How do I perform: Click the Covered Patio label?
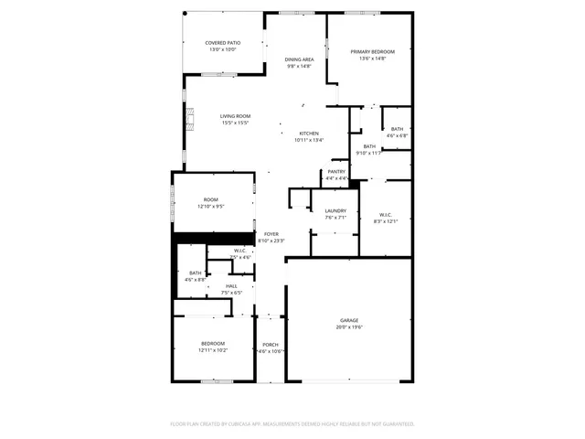[x=222, y=43]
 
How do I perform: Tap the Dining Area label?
[x=300, y=59]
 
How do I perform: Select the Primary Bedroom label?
[x=373, y=51]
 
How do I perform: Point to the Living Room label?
[x=235, y=116]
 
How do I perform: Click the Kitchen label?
[x=309, y=134]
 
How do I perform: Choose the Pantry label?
[x=337, y=171]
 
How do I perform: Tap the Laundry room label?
[x=335, y=211]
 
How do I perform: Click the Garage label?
[x=349, y=320]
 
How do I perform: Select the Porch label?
[x=271, y=344]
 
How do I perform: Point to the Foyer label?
[x=271, y=234]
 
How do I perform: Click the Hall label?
[x=231, y=286]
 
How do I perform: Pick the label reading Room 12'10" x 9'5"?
[x=211, y=199]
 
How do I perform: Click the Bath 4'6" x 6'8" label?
[x=397, y=129]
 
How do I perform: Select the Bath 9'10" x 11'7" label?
[x=369, y=146]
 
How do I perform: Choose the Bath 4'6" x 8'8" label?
[x=196, y=273]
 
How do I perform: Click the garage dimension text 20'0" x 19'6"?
[x=349, y=327]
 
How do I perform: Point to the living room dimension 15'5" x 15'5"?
[x=235, y=123]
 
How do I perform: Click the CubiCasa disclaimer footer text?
[x=292, y=423]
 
